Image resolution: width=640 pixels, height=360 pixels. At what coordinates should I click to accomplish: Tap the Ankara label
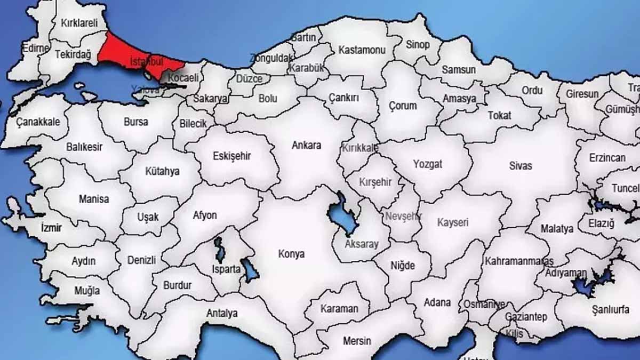[307, 145]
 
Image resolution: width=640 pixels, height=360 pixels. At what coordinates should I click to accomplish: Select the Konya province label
[291, 254]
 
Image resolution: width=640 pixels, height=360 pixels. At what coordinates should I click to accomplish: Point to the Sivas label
[520, 166]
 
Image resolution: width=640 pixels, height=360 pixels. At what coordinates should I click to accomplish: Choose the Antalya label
[222, 313]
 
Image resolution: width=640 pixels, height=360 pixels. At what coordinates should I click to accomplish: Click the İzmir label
[51, 228]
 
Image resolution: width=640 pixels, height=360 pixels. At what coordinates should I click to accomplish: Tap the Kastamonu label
[362, 50]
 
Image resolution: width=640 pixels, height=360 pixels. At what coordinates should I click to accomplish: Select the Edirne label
[36, 49]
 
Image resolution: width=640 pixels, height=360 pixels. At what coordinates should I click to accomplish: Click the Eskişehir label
[231, 156]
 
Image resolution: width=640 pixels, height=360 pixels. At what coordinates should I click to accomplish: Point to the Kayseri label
[452, 222]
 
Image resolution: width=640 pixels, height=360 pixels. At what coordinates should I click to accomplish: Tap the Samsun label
[459, 70]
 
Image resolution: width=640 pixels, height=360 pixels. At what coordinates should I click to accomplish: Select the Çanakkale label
[38, 122]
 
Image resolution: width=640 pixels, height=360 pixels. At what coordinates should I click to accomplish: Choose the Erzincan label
[607, 158]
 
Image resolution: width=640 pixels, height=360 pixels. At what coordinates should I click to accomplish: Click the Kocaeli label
[183, 78]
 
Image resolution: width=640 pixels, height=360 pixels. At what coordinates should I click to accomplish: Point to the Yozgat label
[427, 164]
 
